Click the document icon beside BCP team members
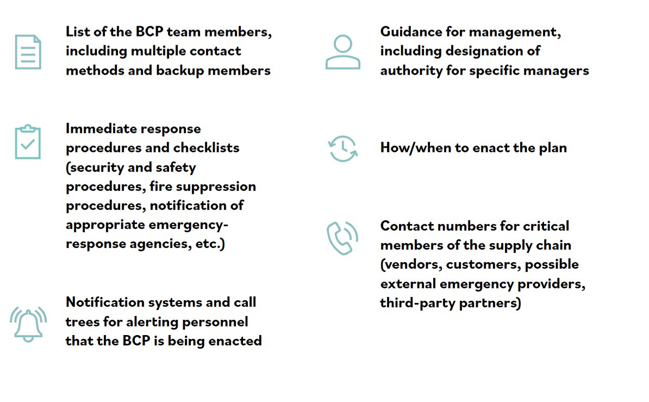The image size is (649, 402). (28, 52)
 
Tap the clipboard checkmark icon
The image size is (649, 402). (28, 143)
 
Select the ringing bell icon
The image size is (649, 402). (28, 324)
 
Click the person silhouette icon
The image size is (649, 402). (342, 52)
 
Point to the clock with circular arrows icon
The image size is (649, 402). (342, 149)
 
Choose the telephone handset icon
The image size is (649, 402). (342, 238)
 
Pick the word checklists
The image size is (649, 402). (207, 148)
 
